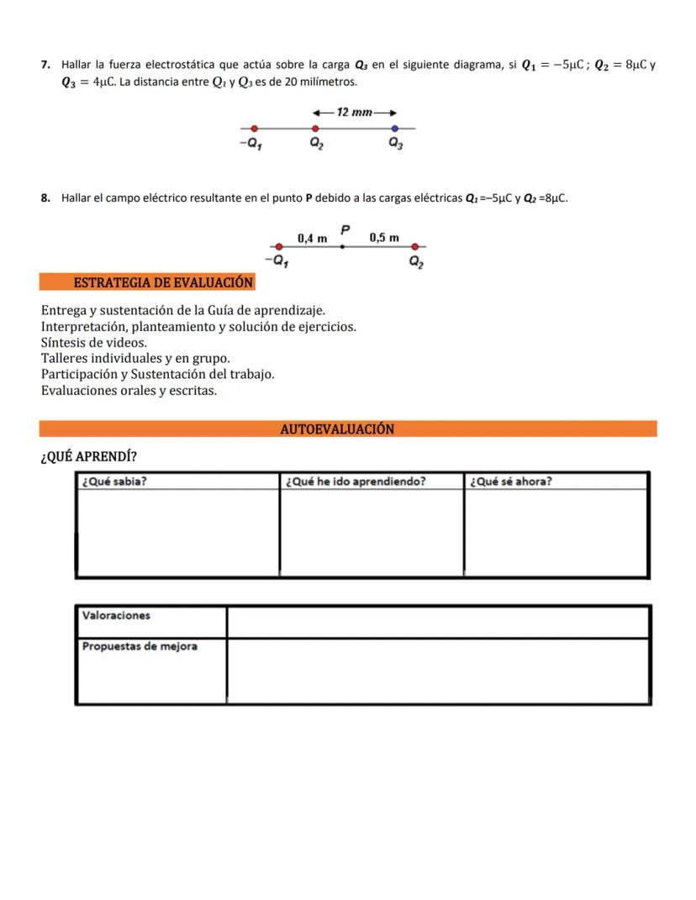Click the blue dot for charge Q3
pyautogui.click(x=394, y=129)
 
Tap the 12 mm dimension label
pyautogui.click(x=354, y=112)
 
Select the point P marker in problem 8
pyautogui.click(x=342, y=246)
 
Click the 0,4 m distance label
pyautogui.click(x=312, y=239)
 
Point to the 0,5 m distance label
pyautogui.click(x=384, y=238)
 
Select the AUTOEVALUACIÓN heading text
pyautogui.click(x=336, y=429)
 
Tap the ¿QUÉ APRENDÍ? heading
pyautogui.click(x=89, y=456)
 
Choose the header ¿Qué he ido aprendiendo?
pyautogui.click(x=356, y=482)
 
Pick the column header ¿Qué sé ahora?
pyautogui.click(x=511, y=482)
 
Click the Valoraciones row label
pyautogui.click(x=116, y=615)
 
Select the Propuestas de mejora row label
pyautogui.click(x=140, y=646)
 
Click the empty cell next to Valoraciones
pyautogui.click(x=437, y=622)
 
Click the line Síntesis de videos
pyautogui.click(x=94, y=342)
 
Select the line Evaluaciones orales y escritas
pyautogui.click(x=129, y=390)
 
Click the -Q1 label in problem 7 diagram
pyautogui.click(x=250, y=144)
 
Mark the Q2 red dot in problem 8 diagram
pyautogui.click(x=414, y=246)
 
